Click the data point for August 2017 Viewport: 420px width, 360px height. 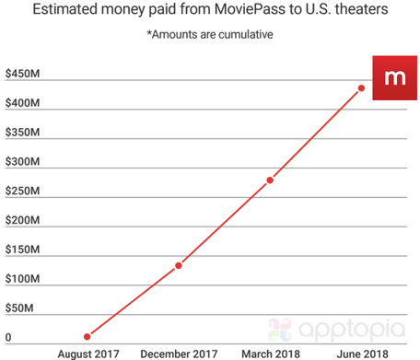pyautogui.click(x=87, y=337)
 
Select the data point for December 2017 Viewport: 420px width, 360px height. pyautogui.click(x=178, y=265)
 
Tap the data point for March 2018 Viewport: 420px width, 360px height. pyautogui.click(x=270, y=180)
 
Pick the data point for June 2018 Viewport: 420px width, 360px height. pyautogui.click(x=361, y=87)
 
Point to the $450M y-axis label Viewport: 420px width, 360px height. pyautogui.click(x=21, y=74)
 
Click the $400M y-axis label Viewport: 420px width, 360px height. pyautogui.click(x=21, y=103)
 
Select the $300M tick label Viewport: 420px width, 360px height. pyautogui.click(x=21, y=162)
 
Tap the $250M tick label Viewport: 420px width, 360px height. pyautogui.click(x=21, y=192)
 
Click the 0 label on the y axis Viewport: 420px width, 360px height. pyautogui.click(x=9, y=338)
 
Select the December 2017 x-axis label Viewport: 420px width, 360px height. pyautogui.click(x=178, y=353)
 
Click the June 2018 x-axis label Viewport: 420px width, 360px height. pyautogui.click(x=361, y=353)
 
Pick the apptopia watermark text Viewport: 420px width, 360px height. pyautogui.click(x=353, y=328)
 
